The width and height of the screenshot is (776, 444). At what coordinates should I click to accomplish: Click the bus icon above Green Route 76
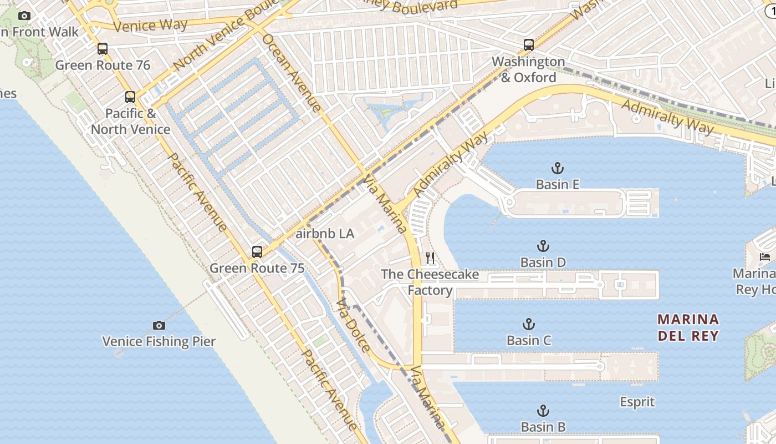coord(103,49)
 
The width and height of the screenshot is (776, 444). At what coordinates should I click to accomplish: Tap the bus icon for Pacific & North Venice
coord(130,97)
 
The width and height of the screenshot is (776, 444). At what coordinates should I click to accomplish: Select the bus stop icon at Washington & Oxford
coord(529,45)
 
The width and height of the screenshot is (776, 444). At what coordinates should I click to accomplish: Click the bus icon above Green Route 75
coord(257,252)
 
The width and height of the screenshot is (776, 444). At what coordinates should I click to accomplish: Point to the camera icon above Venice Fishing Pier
coord(159,325)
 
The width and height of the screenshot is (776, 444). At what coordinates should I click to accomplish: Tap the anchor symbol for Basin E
coord(557,168)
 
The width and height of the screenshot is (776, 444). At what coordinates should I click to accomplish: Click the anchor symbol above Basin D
coord(543,246)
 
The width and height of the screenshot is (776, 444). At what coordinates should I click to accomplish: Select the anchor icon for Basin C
coord(529,324)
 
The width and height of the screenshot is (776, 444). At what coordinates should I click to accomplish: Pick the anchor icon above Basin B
coord(543,411)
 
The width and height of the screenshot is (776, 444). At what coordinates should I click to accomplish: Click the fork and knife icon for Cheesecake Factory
coord(430,258)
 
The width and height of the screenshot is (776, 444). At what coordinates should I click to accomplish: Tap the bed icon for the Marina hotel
coord(765,256)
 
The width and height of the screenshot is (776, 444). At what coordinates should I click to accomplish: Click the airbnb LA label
coord(325,234)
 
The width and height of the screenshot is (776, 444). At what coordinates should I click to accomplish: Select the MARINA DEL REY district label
coord(688,327)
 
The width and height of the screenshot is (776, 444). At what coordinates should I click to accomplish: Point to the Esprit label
coord(637,402)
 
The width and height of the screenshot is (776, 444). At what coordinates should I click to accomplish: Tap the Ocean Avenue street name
coord(291,73)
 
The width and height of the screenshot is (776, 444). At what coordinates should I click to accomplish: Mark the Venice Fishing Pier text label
coord(159,341)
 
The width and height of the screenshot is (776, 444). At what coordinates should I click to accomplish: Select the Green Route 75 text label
coord(257,268)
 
